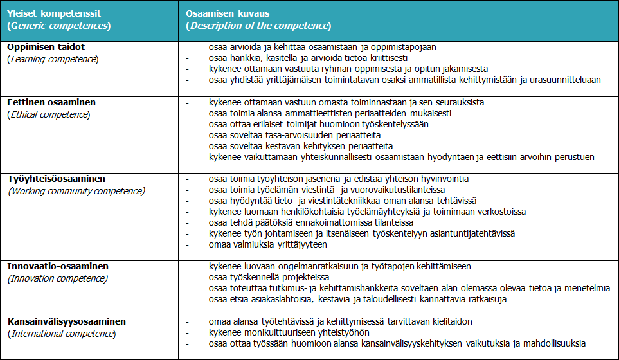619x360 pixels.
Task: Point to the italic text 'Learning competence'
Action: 53,59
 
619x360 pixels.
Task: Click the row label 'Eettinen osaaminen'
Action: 51,102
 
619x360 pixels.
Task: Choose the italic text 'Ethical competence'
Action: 50,114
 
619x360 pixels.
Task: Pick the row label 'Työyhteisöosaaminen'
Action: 56,179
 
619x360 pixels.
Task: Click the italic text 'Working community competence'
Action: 76,191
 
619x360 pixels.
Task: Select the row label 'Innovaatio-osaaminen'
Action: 58,266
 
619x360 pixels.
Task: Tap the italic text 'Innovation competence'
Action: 58,278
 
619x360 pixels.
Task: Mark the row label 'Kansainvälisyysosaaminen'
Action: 67,321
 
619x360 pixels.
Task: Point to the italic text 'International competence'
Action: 62,334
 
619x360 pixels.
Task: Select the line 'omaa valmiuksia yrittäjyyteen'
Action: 268,244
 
